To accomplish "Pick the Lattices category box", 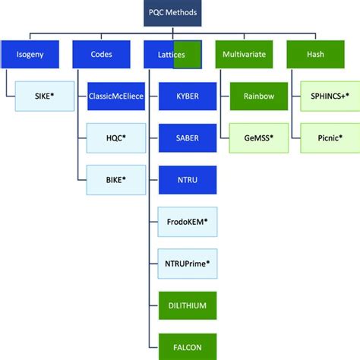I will (x=172, y=55).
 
